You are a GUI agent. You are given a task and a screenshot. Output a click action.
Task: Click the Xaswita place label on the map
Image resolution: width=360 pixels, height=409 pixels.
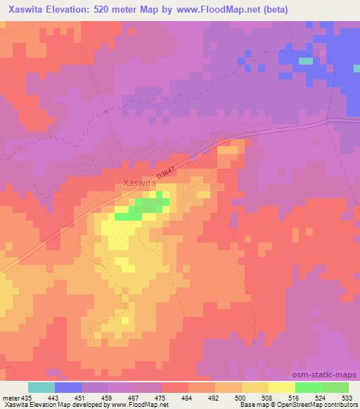coord(139,183)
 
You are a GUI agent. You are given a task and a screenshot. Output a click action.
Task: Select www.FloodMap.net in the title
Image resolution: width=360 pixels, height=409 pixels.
coord(224,9)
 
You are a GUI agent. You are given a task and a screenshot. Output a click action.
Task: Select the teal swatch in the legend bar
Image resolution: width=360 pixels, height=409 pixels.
coord(41,387)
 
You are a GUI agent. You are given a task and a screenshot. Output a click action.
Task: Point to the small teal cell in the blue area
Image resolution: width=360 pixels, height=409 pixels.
coord(305,61)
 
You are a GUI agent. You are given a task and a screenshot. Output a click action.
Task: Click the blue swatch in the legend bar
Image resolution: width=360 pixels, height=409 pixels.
coord(68,387)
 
